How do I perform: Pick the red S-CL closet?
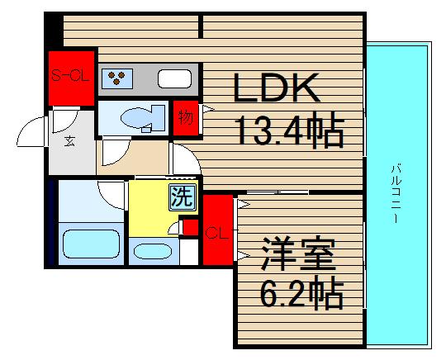[71, 78]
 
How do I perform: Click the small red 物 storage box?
[186, 117]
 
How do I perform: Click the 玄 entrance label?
[70, 140]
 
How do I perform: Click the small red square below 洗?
[190, 226]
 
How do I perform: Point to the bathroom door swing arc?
[111, 195]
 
